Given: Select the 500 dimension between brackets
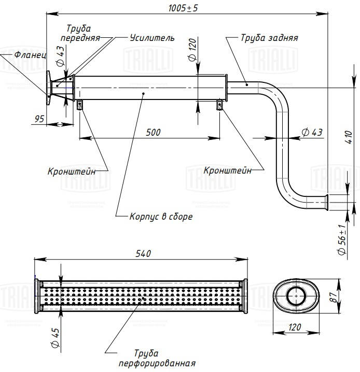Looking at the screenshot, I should [x=153, y=133].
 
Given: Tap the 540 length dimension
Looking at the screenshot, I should [x=143, y=253].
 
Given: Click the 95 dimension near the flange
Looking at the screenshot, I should [x=39, y=119].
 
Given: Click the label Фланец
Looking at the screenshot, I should [x=30, y=54].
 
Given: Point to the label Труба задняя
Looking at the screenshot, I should [x=269, y=38].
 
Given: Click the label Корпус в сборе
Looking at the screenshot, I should [x=161, y=217].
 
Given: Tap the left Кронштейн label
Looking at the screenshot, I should [x=71, y=171].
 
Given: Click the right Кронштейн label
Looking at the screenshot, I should [x=228, y=170].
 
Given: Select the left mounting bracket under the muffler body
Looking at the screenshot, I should [x=80, y=105].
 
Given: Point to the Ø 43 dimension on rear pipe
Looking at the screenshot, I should [x=311, y=133].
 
